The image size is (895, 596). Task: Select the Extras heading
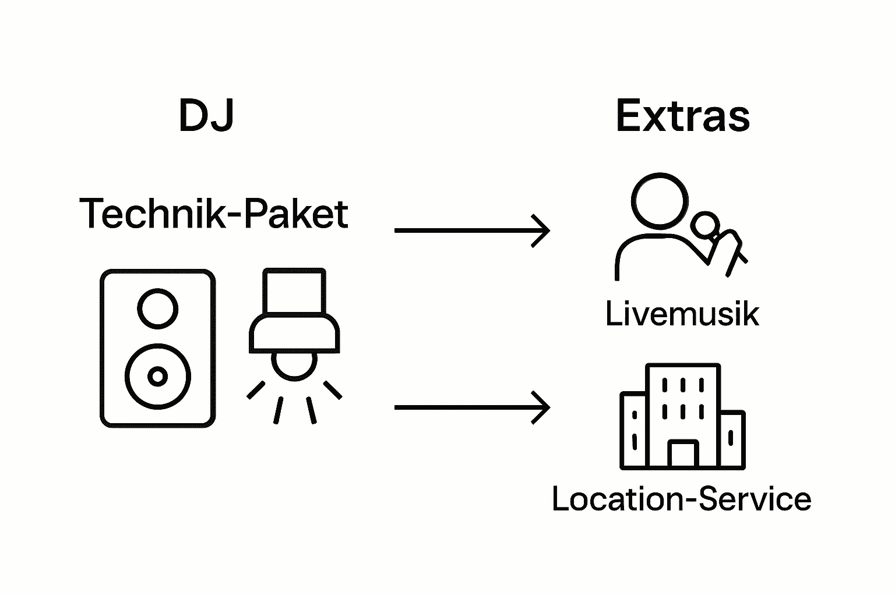click(682, 116)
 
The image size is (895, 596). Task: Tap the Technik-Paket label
click(214, 214)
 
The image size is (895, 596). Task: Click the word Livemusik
click(682, 314)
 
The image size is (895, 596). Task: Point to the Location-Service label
click(681, 499)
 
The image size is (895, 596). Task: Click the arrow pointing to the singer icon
click(472, 230)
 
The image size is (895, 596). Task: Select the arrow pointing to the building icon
click(472, 407)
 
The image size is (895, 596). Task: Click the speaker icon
click(157, 348)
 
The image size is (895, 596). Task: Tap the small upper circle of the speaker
click(157, 308)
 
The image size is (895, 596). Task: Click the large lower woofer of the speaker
click(157, 376)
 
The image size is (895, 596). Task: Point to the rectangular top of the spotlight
click(294, 291)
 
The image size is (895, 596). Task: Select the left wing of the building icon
click(633, 431)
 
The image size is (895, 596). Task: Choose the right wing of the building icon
click(732, 439)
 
